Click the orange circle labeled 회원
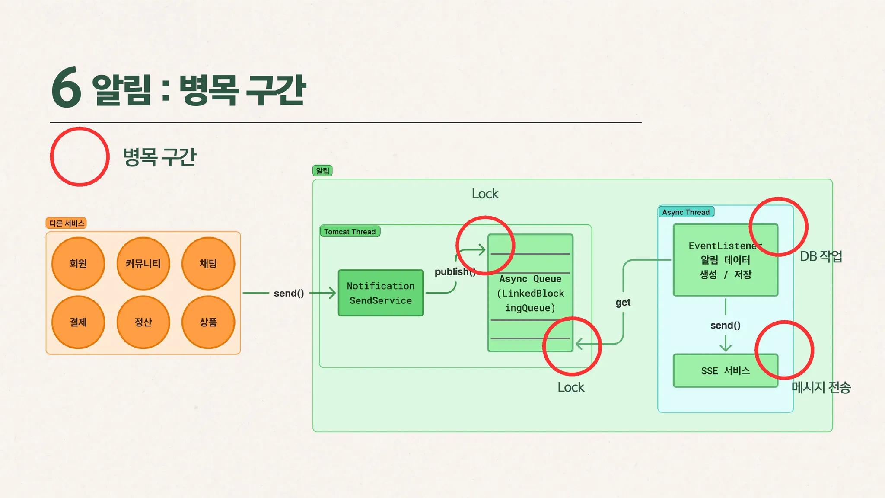78,264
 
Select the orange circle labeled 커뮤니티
143,264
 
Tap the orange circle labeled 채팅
208,264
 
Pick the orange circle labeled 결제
78,322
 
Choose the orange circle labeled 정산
143,322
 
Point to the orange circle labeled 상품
208,322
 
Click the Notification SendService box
381,293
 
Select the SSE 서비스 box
725,370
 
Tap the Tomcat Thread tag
350,232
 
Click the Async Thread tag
686,212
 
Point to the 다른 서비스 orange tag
67,223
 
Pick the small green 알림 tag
322,171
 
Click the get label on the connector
623,303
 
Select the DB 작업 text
821,256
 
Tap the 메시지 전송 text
821,387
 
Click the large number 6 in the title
67,88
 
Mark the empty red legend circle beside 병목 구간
80,156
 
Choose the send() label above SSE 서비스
725,326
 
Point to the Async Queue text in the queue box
530,279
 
